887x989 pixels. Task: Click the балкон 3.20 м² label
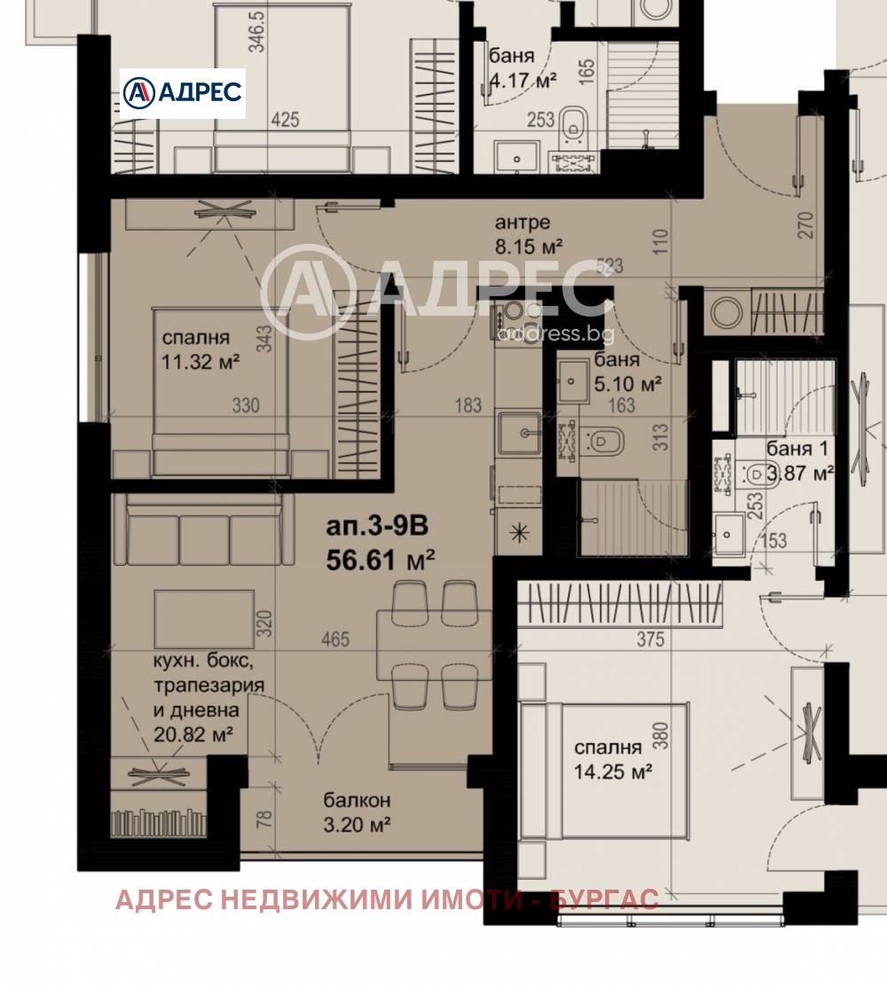357,812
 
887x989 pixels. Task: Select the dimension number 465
336,639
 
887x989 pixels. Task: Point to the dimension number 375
650,640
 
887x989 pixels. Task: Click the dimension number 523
611,265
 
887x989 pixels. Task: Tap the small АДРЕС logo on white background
183,93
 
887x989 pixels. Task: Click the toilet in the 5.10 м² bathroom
604,439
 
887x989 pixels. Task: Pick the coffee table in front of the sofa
204,618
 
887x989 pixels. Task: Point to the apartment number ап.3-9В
377,528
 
